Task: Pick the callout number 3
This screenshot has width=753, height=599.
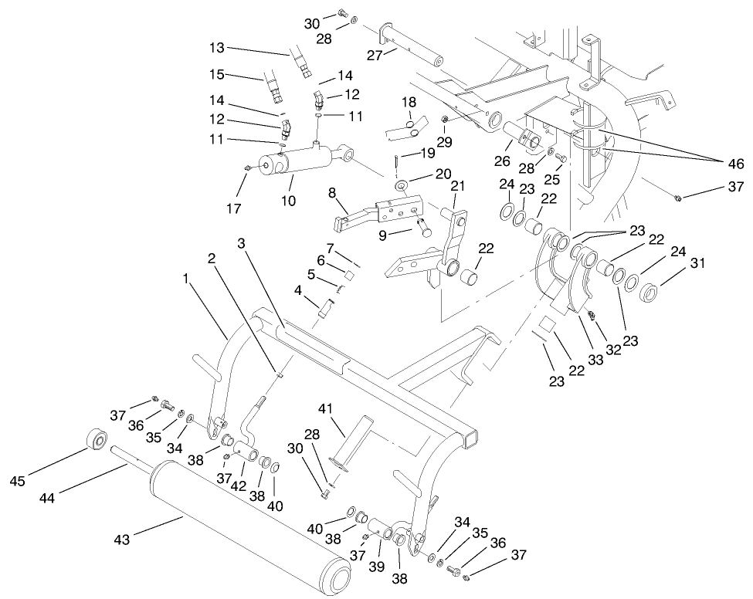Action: click(x=243, y=243)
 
